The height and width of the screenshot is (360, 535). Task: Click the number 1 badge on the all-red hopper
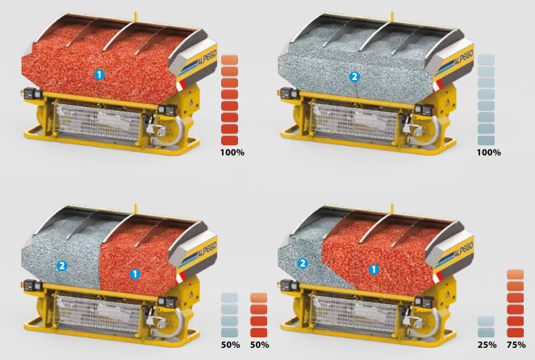coord(99,75)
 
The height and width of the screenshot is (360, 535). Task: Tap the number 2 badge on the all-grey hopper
coord(354,77)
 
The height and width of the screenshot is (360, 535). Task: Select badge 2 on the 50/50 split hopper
coord(62,266)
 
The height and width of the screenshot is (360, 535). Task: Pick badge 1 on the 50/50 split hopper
coord(136,274)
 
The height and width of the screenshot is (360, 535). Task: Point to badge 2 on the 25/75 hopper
coord(303,263)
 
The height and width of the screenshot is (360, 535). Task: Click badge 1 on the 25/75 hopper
coord(374,270)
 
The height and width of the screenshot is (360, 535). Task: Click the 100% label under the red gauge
coord(232,153)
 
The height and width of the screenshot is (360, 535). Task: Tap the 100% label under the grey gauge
coord(488,153)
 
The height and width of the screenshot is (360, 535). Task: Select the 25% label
coord(487,345)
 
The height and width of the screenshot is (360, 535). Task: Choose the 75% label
coord(516,345)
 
